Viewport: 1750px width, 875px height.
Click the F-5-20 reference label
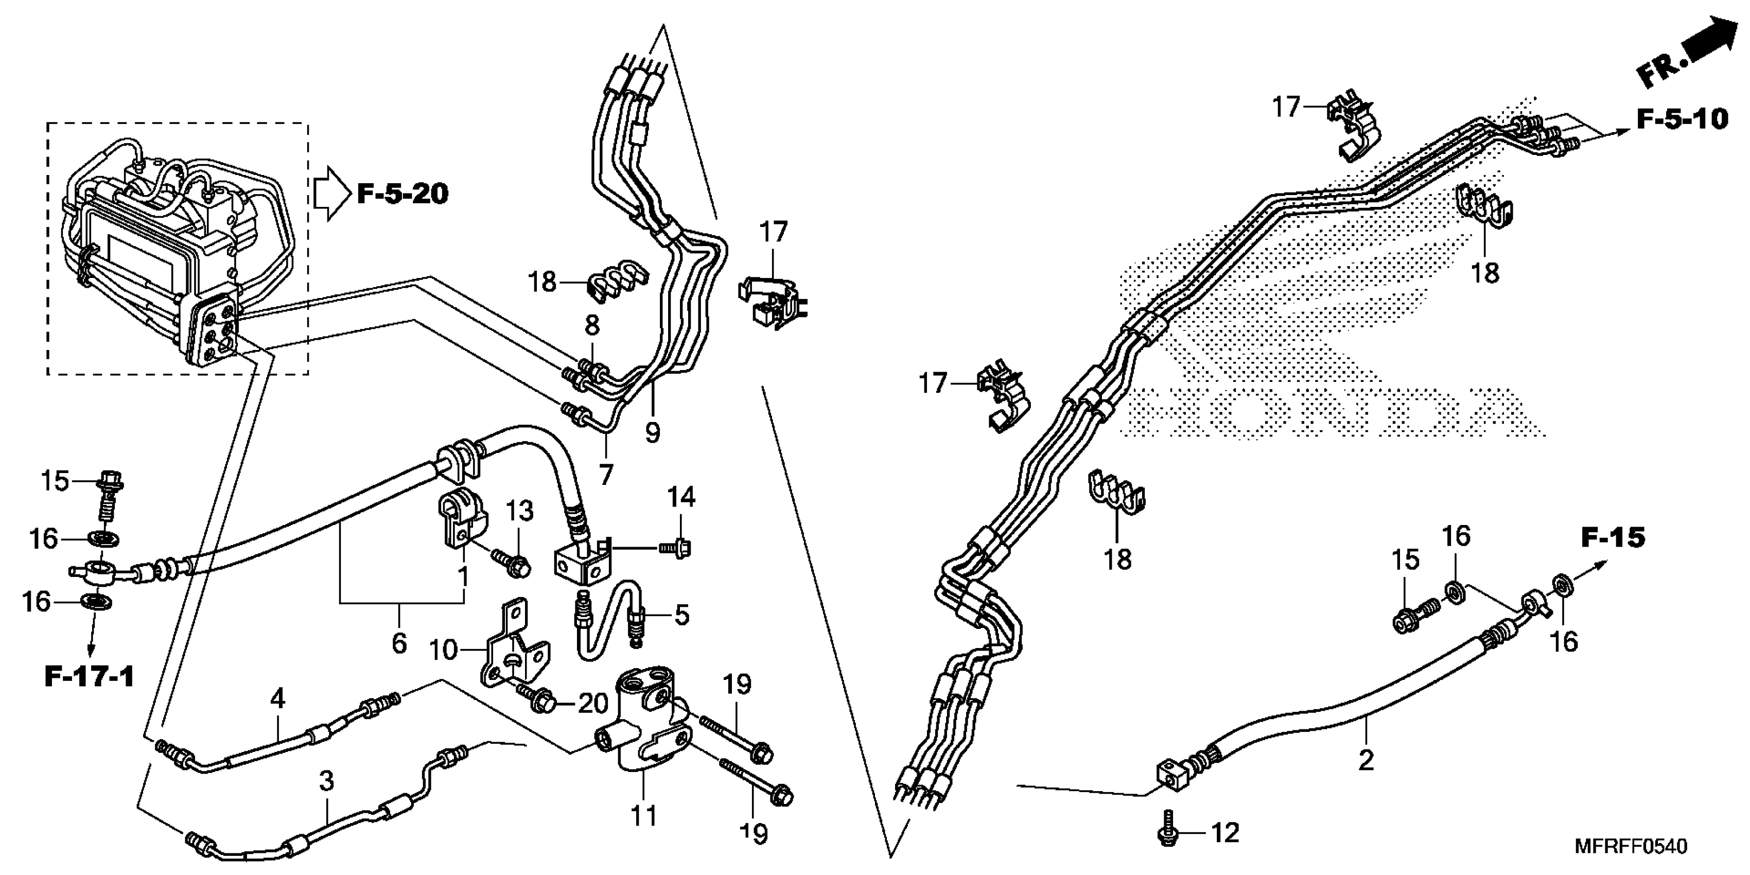tap(403, 194)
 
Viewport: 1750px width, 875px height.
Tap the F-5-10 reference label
tap(1682, 119)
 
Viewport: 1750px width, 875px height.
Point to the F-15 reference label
tap(1613, 537)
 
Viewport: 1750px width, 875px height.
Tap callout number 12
tap(1225, 833)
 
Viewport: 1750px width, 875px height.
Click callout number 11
tap(643, 815)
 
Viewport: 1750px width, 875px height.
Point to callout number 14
tap(681, 497)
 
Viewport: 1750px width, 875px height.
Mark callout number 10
tap(443, 650)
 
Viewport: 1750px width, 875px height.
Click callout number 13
tap(520, 511)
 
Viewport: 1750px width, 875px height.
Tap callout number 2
tap(1366, 760)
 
